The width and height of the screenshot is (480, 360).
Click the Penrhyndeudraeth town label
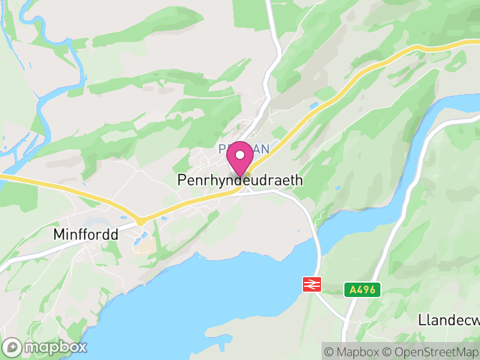240,180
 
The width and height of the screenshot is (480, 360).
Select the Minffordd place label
85,234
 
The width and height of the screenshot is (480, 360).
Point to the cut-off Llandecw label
448,320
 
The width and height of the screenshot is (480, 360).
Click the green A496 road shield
363,290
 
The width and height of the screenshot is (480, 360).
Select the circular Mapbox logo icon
13,347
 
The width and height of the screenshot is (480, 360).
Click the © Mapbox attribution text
352,351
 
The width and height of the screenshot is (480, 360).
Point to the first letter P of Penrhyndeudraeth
181,180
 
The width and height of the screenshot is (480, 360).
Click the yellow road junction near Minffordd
140,221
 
